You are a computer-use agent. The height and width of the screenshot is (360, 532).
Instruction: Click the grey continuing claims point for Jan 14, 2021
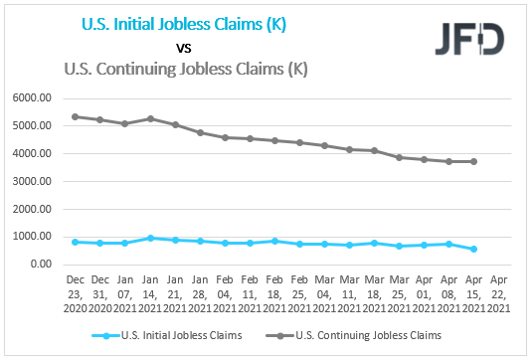(151, 118)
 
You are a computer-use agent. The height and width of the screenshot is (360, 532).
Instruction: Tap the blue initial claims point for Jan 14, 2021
(151, 238)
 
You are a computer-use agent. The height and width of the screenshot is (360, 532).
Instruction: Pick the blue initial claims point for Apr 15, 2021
(472, 249)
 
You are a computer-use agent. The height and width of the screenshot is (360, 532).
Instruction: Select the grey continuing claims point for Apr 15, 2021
(472, 161)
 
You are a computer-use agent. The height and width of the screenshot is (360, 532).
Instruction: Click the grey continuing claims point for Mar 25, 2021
(399, 157)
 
